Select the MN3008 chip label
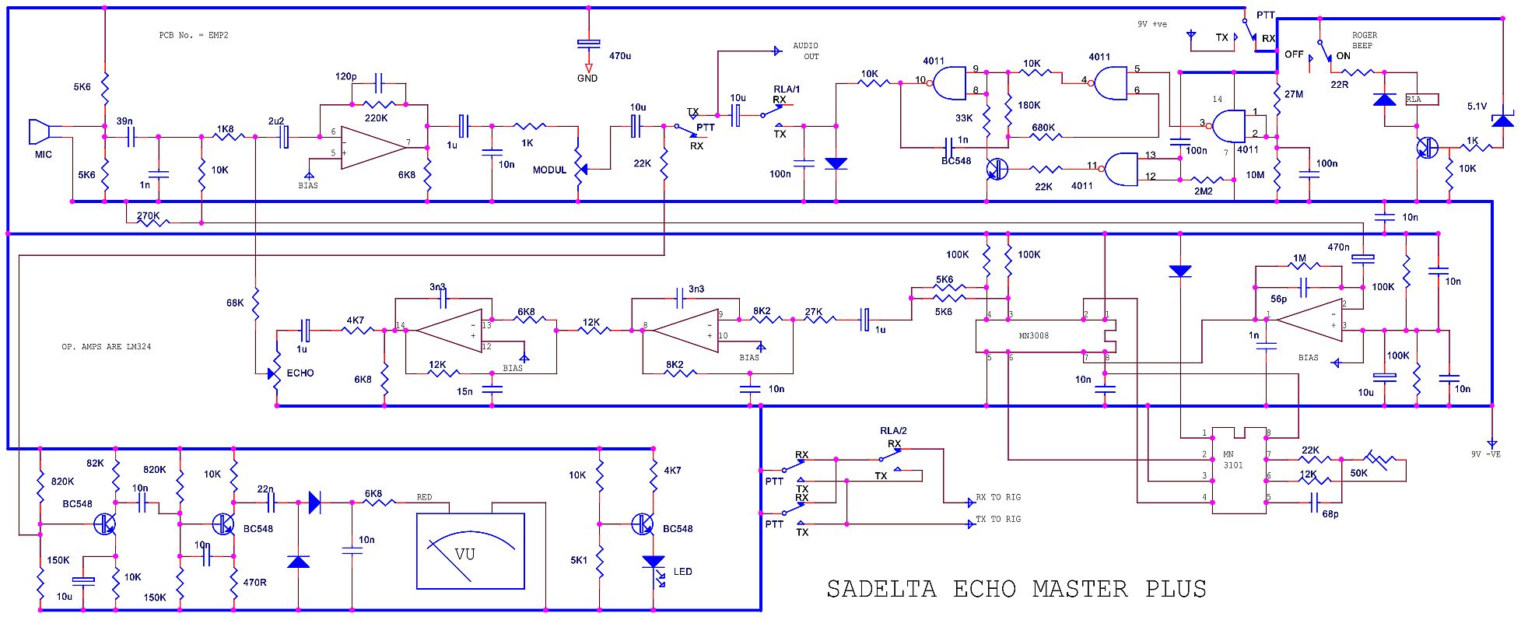1034,336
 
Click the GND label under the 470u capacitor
587,79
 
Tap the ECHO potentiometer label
300,373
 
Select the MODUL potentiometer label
550,170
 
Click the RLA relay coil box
1421,100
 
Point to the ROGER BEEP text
1364,40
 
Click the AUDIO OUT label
806,51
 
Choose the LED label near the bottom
682,572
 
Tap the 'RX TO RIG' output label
998,497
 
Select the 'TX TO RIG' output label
998,519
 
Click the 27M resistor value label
1293,94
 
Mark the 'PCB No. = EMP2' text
194,36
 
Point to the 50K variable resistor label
1358,473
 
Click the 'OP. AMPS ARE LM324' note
107,347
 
